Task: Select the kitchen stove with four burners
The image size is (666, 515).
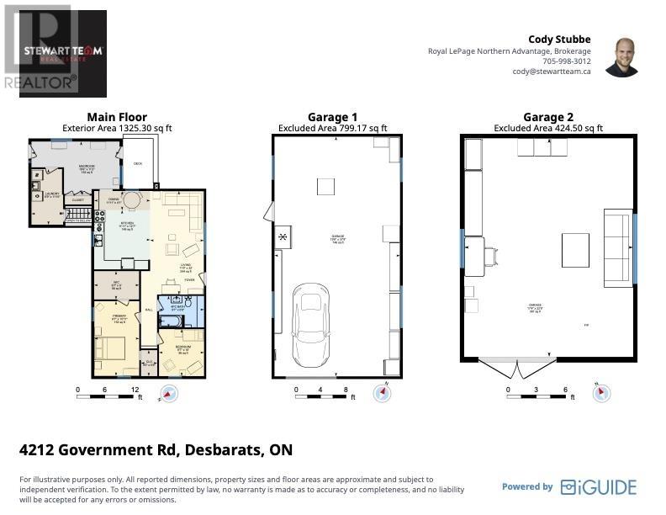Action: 98,220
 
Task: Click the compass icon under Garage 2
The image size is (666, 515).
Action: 602,392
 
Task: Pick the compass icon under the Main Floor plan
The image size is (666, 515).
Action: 168,393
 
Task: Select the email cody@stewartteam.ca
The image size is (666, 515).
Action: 552,72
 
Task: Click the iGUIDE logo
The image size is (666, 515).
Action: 599,486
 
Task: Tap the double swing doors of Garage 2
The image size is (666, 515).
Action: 516,367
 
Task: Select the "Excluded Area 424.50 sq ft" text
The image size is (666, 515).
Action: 547,128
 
